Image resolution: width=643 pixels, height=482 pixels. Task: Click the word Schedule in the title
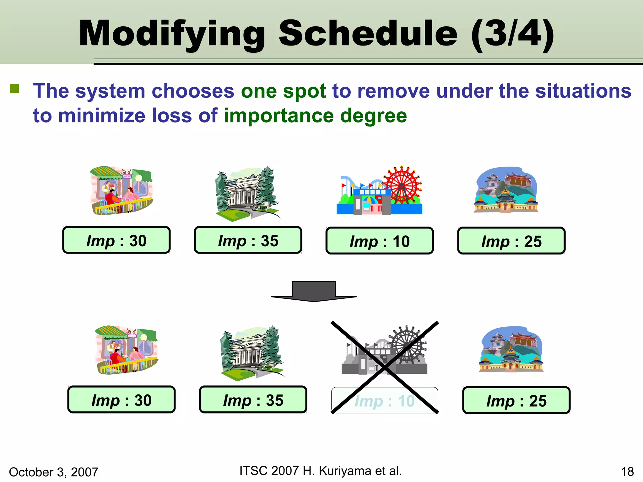click(368, 33)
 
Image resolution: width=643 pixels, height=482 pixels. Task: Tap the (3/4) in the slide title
click(512, 33)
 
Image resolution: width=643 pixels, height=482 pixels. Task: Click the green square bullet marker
click(14, 89)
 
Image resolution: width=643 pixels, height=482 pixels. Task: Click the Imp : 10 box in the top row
click(380, 241)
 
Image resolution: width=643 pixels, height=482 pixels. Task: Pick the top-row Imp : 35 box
click(248, 240)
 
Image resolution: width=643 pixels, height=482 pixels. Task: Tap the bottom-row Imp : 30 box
click(122, 399)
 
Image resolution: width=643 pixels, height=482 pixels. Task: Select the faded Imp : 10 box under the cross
click(385, 400)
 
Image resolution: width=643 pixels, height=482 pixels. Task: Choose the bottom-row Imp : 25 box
click(516, 400)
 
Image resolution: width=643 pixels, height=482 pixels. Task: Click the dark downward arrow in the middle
click(314, 291)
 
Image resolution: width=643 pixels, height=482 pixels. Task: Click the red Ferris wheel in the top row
click(402, 185)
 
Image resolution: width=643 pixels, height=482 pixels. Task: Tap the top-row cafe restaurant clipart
click(121, 190)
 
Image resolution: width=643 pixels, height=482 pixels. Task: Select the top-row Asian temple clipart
click(506, 190)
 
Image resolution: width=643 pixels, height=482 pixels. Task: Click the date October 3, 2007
click(54, 472)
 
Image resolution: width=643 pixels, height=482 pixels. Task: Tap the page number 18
click(627, 472)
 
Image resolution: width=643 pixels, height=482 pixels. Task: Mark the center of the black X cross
click(384, 367)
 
